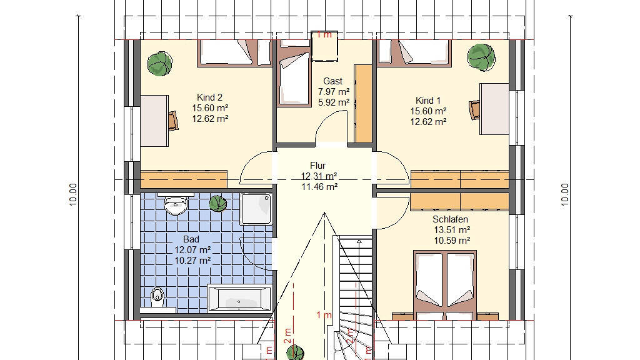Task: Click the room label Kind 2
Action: pos(209,97)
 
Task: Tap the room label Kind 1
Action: pos(427,100)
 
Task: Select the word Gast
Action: pos(332,81)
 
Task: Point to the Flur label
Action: pos(317,165)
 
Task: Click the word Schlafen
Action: pos(450,219)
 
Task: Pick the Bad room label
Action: pos(191,239)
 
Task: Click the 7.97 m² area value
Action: pos(334,92)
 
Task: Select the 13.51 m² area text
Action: pos(452,230)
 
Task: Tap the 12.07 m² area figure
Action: pos(192,250)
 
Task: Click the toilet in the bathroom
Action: pos(157,297)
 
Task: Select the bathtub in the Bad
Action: pos(239,298)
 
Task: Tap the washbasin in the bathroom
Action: pos(176,204)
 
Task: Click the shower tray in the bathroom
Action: pos(256,209)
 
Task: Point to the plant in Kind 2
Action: pos(159,64)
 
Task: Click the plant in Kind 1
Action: pos(481,57)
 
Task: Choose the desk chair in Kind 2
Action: pos(173,121)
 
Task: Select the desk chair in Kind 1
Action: pos(475,110)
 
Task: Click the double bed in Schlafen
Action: pos(445,285)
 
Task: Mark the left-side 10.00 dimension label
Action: pos(72,194)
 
